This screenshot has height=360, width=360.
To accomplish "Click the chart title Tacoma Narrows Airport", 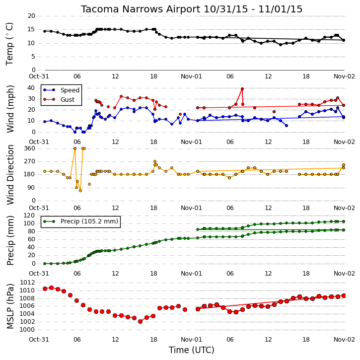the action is [141, 9].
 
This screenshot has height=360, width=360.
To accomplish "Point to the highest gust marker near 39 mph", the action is [242, 89].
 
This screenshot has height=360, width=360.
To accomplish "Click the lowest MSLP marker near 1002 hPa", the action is [141, 322].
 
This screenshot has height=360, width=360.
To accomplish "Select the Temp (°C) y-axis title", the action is [9, 44].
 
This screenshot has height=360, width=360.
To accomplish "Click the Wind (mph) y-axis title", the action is [10, 109].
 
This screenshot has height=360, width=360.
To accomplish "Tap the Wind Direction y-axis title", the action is [10, 174].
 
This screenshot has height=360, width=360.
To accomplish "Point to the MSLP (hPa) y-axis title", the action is [10, 306].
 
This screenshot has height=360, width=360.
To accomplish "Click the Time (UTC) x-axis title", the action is [192, 350].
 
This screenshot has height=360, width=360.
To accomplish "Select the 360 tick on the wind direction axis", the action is [30, 148].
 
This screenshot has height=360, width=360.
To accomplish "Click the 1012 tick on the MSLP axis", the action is [27, 283].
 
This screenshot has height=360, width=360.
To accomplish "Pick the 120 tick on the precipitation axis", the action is [30, 216].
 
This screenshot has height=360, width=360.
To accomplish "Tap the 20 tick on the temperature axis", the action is [31, 16].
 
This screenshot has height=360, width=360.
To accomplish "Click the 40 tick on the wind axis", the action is [31, 88].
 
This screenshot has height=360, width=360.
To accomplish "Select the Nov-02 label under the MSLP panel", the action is [344, 339].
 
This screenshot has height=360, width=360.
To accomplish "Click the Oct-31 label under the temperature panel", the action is [39, 76].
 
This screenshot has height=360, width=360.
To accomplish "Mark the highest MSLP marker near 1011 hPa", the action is [52, 288].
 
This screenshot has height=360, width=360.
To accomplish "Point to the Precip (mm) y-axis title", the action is [10, 240].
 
